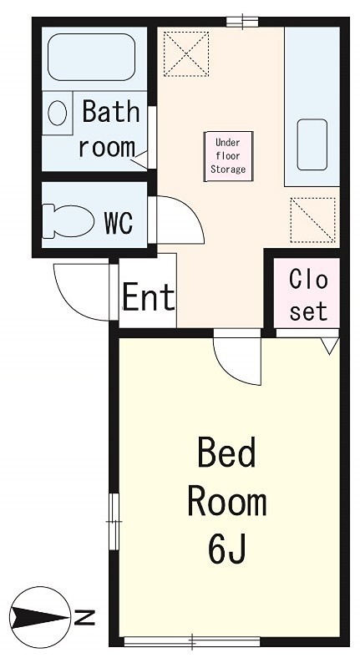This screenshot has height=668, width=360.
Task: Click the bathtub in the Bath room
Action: (x=91, y=57)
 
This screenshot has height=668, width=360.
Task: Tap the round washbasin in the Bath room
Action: (x=57, y=114)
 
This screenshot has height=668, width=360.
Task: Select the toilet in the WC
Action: (x=68, y=221)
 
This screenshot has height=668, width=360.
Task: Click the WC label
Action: (x=119, y=222)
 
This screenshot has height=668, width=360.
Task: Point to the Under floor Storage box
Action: (x=229, y=156)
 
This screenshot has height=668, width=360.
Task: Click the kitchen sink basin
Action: (x=312, y=144)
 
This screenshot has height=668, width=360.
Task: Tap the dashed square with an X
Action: (x=186, y=53)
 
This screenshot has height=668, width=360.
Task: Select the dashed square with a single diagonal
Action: (x=312, y=220)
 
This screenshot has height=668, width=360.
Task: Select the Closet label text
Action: (x=308, y=295)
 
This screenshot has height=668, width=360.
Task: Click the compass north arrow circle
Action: (x=39, y=616)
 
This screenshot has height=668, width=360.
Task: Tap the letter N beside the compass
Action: (x=85, y=617)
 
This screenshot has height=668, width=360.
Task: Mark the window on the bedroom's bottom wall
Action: (x=192, y=640)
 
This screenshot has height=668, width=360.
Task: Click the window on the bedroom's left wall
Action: (x=114, y=521)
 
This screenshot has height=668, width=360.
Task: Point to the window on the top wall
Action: (x=242, y=22)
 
